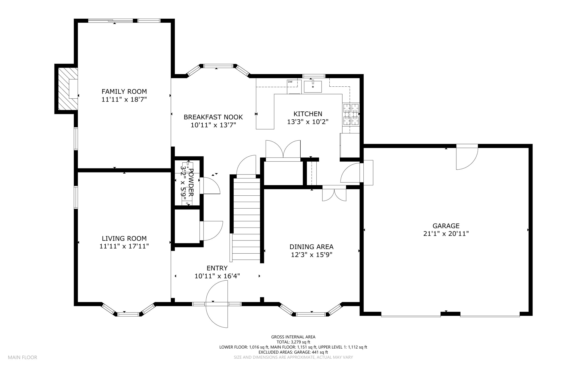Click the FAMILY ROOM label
tap(124, 92)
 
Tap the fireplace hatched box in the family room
tap(68, 89)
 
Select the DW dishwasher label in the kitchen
tap(290, 82)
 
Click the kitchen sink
tap(313, 86)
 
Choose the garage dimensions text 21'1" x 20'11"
tap(446, 234)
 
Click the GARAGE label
tap(446, 226)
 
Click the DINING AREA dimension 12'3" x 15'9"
tap(312, 255)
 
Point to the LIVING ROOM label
tap(124, 238)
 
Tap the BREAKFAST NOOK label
tap(213, 117)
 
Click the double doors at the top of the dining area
tap(334, 193)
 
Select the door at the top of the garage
tap(467, 157)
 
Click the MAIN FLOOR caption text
tap(22, 358)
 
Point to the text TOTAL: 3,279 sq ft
tap(293, 342)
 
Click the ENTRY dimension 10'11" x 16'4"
tap(217, 276)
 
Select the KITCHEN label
tap(308, 114)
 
